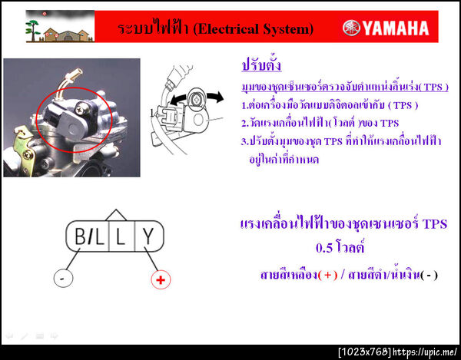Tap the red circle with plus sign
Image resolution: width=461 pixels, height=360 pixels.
point(160,280)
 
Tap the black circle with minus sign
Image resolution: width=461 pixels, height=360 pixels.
point(61,279)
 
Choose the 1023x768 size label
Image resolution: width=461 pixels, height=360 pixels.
point(365,352)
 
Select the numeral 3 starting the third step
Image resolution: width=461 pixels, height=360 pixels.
point(244,141)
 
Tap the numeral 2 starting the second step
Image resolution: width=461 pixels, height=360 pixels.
point(244,122)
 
